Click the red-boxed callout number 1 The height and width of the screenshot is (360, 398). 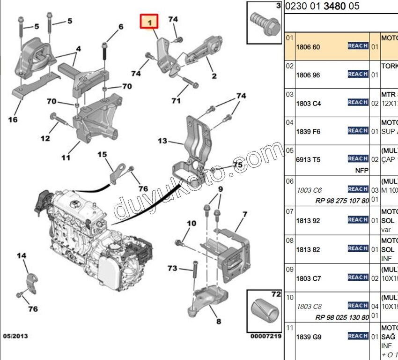point(150,22)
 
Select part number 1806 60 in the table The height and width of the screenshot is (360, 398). point(308,47)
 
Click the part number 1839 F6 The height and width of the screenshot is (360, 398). point(308,132)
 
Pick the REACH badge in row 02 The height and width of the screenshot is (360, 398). point(358,74)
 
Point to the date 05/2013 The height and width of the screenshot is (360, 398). point(16,336)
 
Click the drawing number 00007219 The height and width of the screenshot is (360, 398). point(265,337)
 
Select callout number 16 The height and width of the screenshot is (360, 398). point(13,120)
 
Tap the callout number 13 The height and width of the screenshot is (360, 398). point(162,141)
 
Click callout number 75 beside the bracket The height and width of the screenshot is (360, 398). point(238,165)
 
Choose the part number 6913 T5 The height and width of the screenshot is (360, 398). point(308,160)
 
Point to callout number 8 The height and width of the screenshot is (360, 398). point(219,322)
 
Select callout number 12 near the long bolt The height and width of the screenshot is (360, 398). point(45,138)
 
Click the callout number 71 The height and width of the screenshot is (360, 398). point(176,101)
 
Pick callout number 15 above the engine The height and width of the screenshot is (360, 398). point(102,155)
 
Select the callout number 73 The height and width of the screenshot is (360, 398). point(172,268)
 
